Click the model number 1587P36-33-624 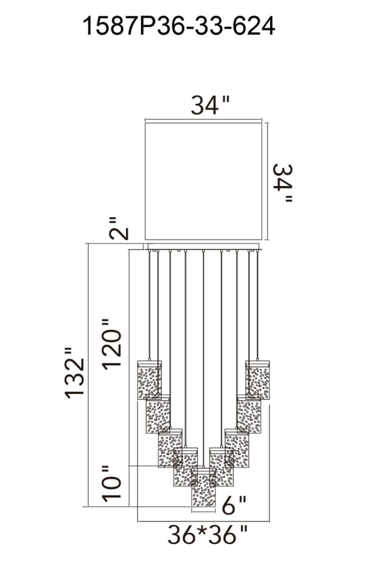click(179, 26)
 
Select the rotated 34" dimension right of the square click(283, 183)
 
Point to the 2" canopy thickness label click(119, 229)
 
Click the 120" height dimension click(112, 344)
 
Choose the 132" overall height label click(75, 373)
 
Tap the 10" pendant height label click(112, 483)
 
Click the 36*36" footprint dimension click(207, 534)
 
